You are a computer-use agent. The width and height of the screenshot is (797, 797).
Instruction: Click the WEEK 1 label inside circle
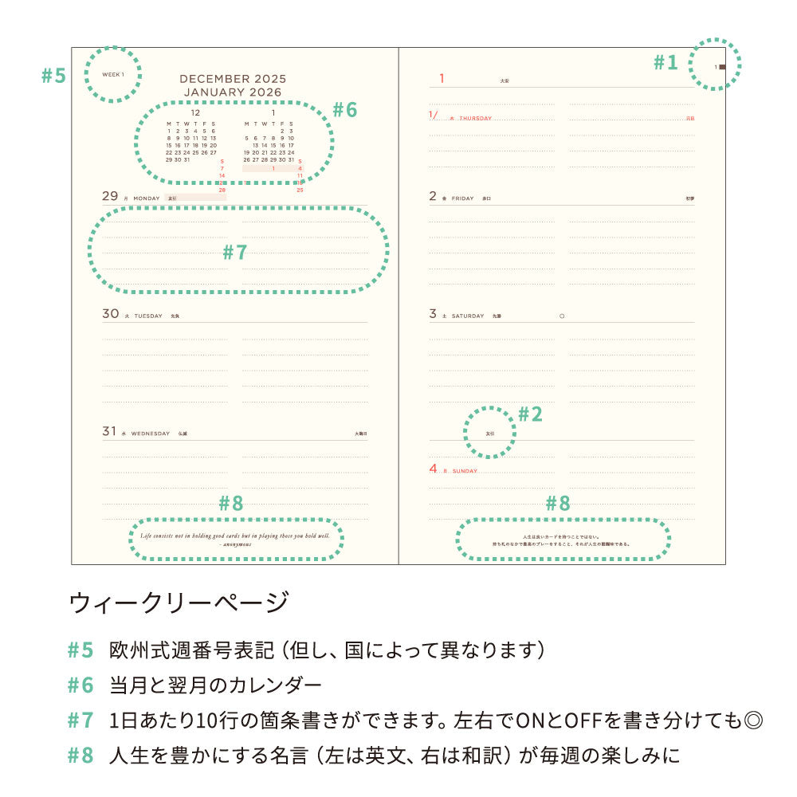113,74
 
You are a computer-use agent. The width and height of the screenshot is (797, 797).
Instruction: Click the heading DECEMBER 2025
233,79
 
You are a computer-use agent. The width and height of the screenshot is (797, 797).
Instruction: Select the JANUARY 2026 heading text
233,92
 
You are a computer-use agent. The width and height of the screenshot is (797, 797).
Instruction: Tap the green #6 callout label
344,110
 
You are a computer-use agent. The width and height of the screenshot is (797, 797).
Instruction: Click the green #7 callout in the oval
235,253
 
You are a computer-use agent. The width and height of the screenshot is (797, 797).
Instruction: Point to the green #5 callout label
53,76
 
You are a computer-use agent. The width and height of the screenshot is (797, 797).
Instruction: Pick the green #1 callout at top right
665,62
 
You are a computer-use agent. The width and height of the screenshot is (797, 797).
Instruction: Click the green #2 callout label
530,414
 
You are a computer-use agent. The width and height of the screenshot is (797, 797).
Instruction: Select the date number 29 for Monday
110,196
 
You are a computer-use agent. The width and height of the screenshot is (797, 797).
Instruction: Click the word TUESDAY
147,316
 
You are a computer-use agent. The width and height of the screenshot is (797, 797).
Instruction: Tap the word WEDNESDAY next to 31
151,434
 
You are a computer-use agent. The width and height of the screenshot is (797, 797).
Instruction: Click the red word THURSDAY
476,118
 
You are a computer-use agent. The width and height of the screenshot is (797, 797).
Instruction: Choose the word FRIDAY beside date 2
463,198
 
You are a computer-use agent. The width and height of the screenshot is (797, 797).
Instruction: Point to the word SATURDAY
468,316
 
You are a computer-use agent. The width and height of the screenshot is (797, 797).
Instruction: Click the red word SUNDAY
465,471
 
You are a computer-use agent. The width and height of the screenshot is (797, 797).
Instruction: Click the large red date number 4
433,469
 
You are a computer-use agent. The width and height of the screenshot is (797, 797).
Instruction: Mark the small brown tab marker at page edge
722,67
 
